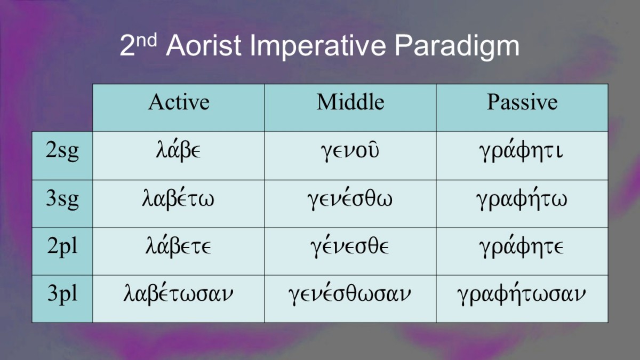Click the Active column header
coord(179,102)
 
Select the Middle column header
coord(350,102)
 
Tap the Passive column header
coord(522,102)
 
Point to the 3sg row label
coord(62,199)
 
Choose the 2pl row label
coord(62,246)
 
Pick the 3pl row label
coord(62,294)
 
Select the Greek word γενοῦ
coord(350,151)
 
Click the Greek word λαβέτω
coord(178,198)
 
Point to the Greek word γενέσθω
coord(350,198)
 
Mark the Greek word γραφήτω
coord(522,198)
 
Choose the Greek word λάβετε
coord(178,246)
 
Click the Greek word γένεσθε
coord(350,246)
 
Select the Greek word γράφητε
coord(521,246)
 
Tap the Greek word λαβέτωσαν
coord(178,294)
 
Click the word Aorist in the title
coord(204,46)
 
